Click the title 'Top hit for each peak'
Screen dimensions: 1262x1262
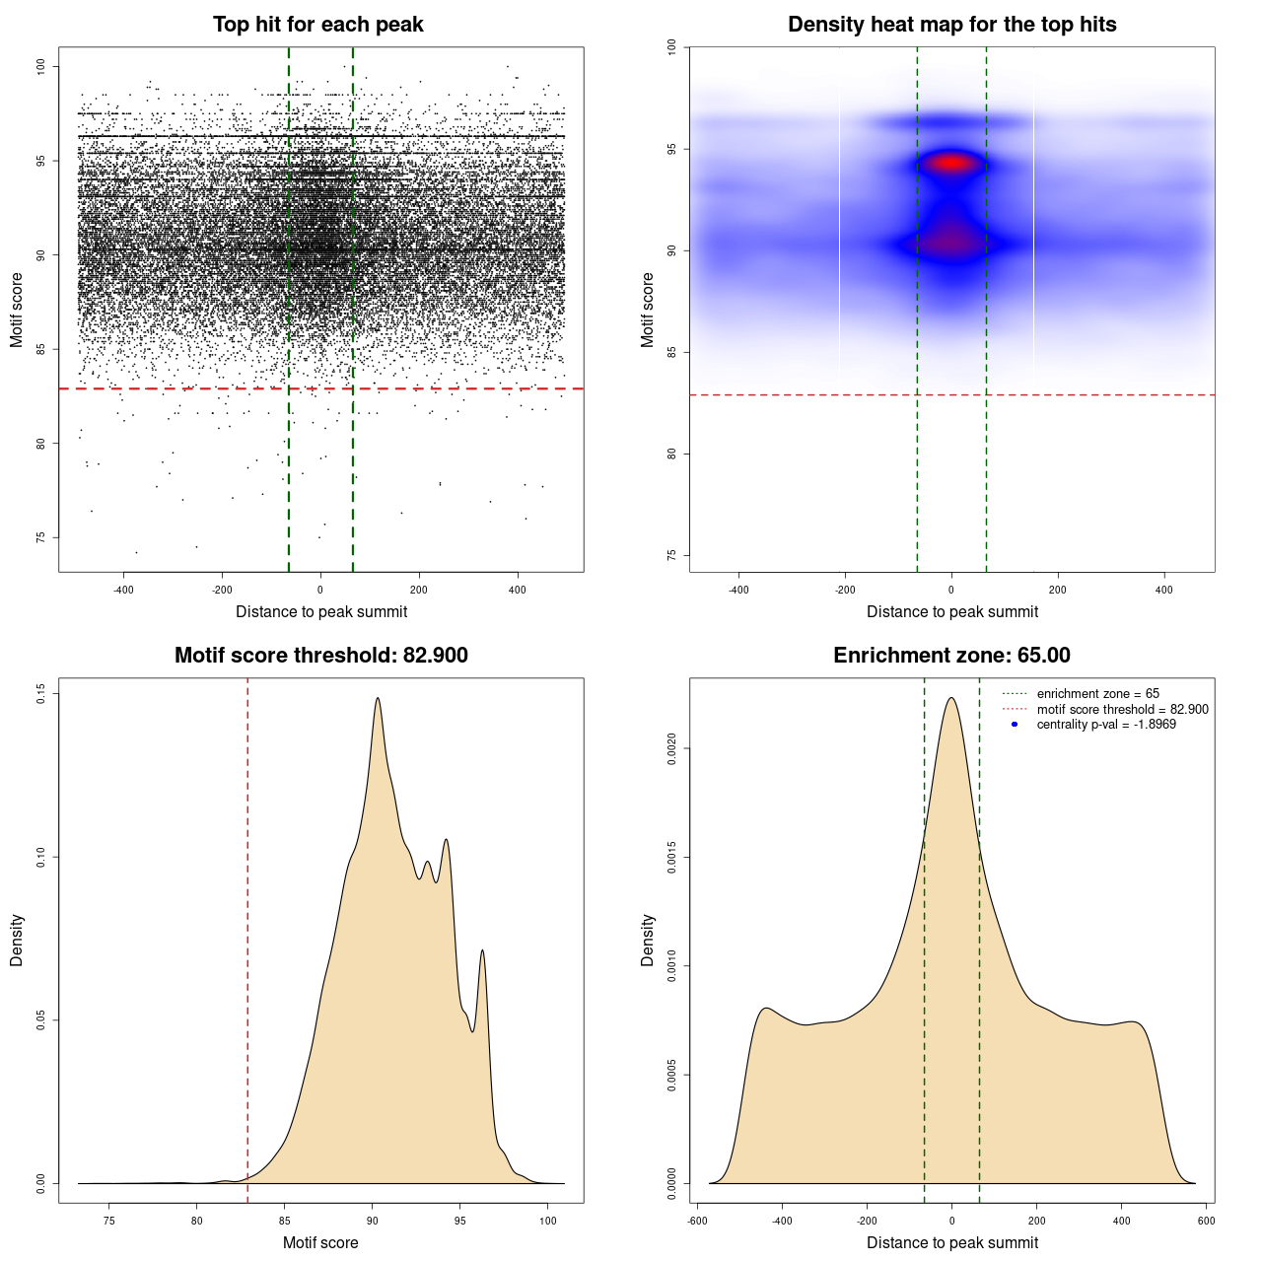[317, 25]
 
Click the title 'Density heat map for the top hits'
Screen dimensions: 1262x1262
[951, 25]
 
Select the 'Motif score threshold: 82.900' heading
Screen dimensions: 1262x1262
[320, 656]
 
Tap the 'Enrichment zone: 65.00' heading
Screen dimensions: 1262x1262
[951, 656]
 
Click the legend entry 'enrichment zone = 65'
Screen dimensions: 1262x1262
[1097, 694]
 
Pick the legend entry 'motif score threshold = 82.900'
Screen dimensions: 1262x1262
[1122, 709]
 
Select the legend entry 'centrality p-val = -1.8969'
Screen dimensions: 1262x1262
[1106, 725]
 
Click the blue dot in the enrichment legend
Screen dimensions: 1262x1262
[1015, 725]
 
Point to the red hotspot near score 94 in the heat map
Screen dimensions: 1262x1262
[951, 163]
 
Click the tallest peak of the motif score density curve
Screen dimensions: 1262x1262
[378, 698]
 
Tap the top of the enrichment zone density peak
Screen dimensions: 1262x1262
[951, 698]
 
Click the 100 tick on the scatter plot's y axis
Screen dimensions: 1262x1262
[41, 66]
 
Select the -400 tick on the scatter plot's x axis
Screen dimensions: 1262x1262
[124, 590]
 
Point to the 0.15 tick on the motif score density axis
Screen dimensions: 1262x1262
[41, 694]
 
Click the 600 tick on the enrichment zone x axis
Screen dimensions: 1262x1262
[1206, 1221]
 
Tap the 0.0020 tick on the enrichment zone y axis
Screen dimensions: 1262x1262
[672, 749]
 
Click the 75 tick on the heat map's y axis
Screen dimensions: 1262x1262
[672, 555]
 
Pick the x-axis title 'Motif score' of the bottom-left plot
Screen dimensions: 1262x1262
[320, 1242]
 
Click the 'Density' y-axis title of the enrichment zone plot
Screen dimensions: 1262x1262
[648, 940]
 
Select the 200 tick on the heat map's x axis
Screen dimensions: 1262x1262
[1058, 590]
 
